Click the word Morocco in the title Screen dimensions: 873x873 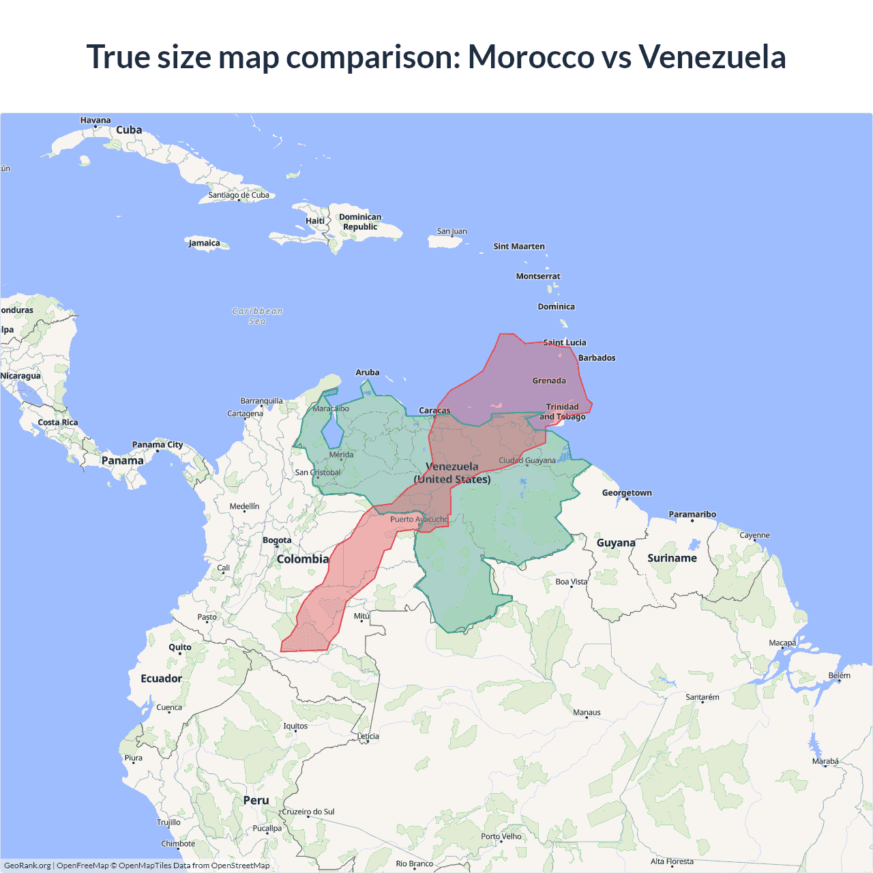point(531,57)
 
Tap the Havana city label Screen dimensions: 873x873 point(95,120)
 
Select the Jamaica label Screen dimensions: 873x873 point(205,243)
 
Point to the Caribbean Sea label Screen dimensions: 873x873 point(257,316)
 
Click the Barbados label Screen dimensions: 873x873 point(597,357)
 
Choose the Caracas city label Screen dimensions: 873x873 point(434,410)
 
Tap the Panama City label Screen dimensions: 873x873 point(158,445)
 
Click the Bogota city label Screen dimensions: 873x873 point(277,540)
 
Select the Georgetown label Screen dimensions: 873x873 point(627,492)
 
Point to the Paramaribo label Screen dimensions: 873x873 point(692,514)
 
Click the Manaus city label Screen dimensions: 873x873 point(587,712)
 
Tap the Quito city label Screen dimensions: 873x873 point(180,647)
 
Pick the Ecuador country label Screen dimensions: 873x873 point(161,678)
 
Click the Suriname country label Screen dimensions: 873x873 point(672,558)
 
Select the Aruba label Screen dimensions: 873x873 point(368,372)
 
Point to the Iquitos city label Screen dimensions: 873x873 point(295,726)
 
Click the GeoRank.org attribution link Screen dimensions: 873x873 point(27,865)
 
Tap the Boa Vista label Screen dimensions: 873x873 point(571,582)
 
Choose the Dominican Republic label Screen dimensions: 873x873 point(360,222)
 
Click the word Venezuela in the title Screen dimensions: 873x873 point(712,57)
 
